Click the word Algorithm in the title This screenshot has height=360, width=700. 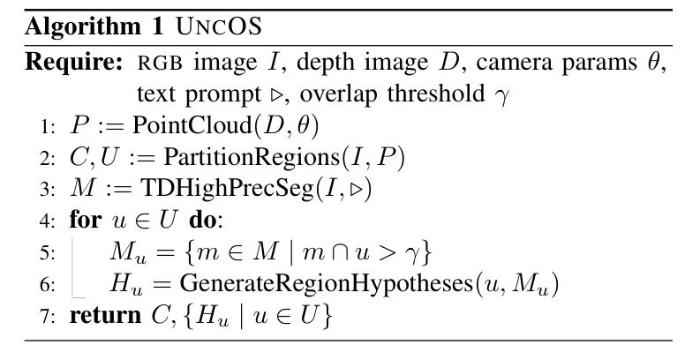83,27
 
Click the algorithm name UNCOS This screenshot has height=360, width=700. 219,27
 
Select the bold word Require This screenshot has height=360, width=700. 73,63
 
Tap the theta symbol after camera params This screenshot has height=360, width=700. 652,61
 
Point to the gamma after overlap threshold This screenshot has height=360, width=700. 501,95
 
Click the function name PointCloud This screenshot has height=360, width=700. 192,125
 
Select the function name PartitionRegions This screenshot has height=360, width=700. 252,157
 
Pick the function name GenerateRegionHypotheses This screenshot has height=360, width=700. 326,284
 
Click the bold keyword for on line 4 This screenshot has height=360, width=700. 86,220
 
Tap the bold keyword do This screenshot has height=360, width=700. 203,221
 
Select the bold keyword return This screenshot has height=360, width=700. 105,315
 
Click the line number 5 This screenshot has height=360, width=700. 47,253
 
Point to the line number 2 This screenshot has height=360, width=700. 47,158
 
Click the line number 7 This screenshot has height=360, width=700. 47,316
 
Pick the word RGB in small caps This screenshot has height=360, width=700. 160,64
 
